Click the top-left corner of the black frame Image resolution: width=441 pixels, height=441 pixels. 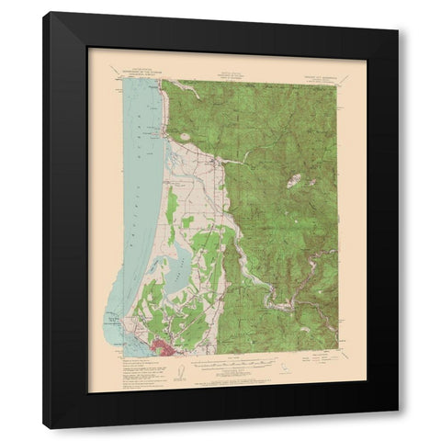[x=44, y=12]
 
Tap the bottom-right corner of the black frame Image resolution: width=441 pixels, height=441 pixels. [x=398, y=412]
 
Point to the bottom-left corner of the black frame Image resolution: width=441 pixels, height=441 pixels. [x=44, y=429]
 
